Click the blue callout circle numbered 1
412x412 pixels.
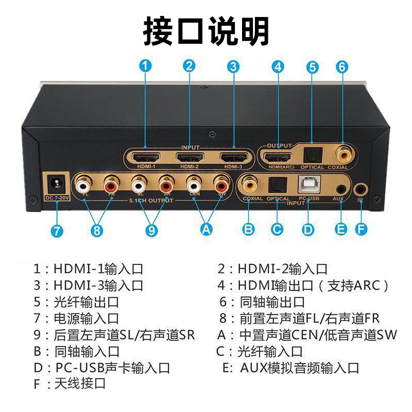tap(146, 65)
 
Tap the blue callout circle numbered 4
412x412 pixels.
tap(278, 66)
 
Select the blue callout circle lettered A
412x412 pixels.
tap(206, 230)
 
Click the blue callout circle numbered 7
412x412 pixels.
tap(57, 230)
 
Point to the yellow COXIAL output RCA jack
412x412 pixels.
tap(342, 154)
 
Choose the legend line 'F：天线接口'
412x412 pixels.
tap(70, 384)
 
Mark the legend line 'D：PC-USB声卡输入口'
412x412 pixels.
tap(101, 368)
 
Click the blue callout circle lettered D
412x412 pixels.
tap(308, 228)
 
